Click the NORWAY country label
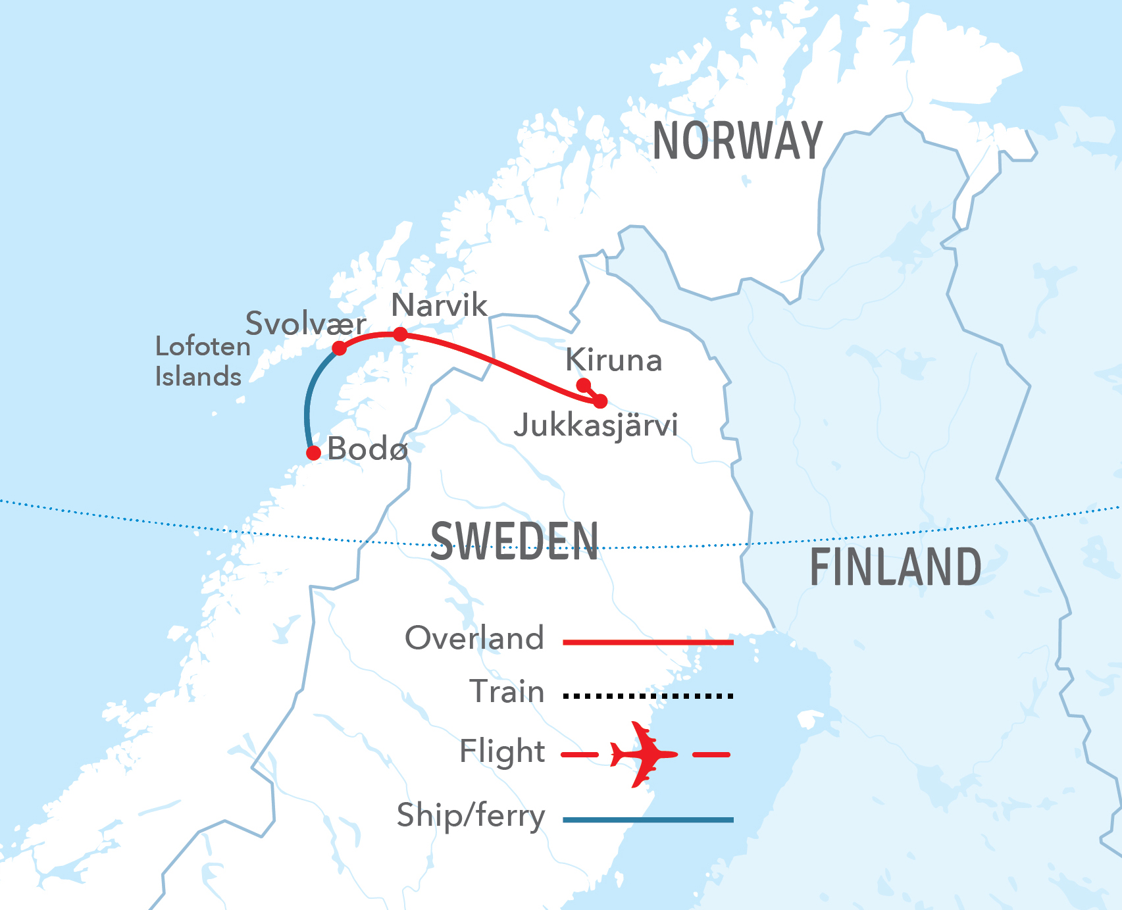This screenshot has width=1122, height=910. [737, 141]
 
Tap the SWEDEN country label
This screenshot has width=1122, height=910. [515, 541]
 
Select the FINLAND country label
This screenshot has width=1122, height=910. [895, 567]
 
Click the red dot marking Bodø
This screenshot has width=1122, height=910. [314, 453]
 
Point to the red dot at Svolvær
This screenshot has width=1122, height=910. [340, 348]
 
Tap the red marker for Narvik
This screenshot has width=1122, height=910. [400, 334]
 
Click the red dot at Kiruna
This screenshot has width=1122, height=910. [583, 385]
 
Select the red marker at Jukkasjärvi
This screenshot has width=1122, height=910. [600, 401]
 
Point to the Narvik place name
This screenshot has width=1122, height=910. [439, 305]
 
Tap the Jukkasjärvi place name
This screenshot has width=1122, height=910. [596, 426]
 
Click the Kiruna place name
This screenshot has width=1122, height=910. [613, 361]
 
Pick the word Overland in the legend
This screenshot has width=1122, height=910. [474, 638]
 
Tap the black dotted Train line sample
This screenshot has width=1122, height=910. [648, 695]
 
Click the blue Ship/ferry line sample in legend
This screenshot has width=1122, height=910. [648, 820]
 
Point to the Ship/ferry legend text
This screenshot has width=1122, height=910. [471, 816]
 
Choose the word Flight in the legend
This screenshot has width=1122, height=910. [501, 751]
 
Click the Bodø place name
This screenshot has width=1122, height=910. [367, 449]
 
